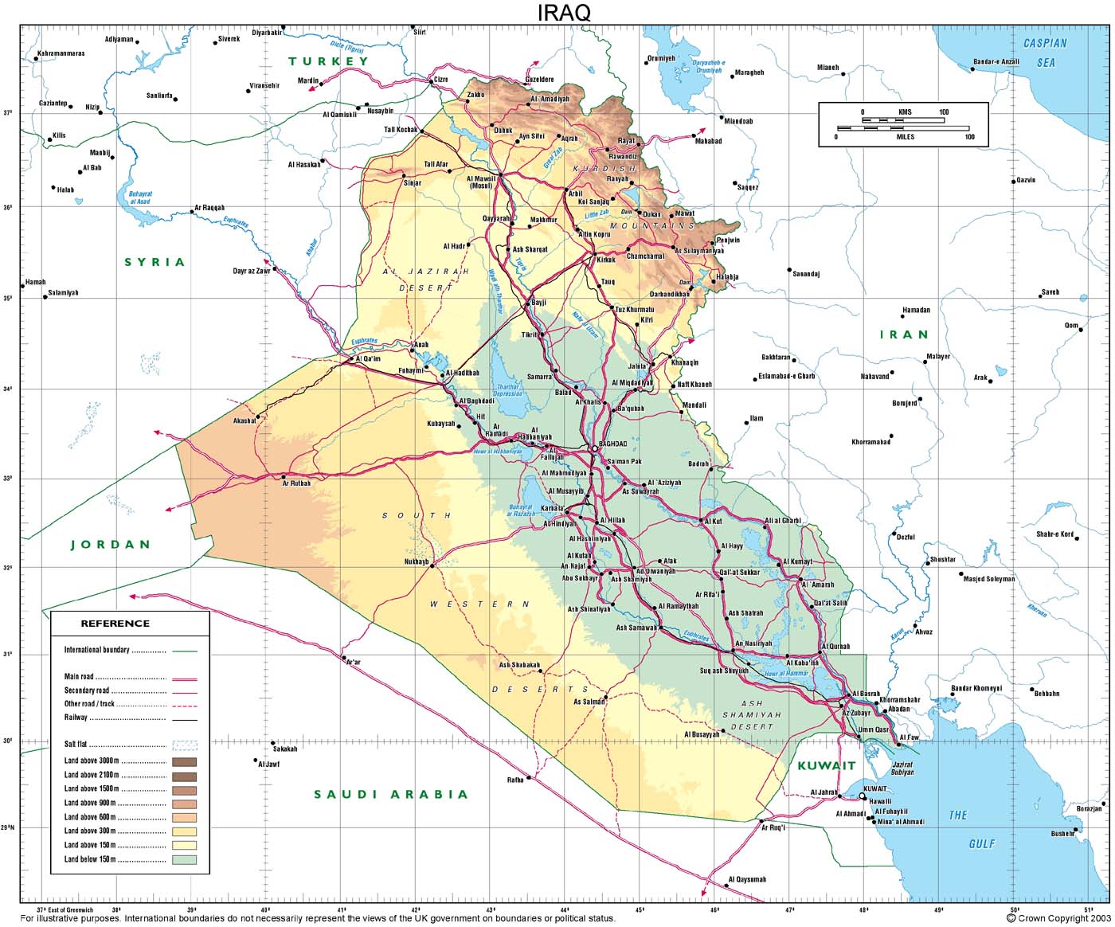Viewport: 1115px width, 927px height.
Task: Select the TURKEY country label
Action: point(328,61)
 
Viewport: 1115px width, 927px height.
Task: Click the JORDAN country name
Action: point(111,545)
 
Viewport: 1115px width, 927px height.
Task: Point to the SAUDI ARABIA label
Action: point(390,794)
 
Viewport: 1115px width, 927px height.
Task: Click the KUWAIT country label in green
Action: point(826,765)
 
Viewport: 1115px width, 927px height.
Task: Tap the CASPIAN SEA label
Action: point(1045,52)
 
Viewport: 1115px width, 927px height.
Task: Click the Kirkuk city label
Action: point(607,260)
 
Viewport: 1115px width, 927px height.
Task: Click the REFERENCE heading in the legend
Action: point(115,624)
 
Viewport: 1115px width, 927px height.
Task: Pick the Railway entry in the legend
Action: point(76,718)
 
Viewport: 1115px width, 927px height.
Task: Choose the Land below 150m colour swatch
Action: point(184,859)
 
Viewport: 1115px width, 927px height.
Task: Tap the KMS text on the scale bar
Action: point(905,112)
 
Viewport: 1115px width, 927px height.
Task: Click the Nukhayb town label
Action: point(417,562)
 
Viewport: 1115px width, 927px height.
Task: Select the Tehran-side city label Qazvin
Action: point(1026,180)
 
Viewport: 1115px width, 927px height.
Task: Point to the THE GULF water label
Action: point(971,829)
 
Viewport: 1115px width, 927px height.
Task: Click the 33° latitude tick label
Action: point(8,479)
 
